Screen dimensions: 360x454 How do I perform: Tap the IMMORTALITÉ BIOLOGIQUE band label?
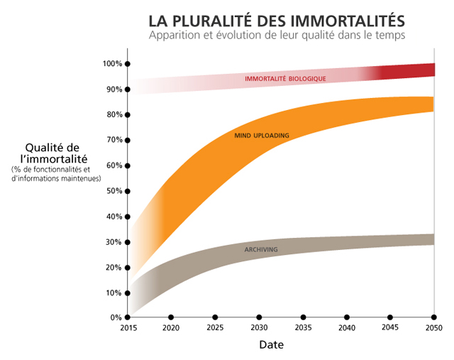285,79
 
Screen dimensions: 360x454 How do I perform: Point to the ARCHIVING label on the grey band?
260,250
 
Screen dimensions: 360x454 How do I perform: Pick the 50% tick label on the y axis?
113,191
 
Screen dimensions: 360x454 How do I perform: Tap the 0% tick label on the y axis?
116,317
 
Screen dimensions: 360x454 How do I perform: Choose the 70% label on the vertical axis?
113,140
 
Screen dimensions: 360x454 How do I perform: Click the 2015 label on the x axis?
128,328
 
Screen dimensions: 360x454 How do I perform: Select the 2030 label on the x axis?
259,328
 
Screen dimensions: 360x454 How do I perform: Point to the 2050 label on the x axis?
434,328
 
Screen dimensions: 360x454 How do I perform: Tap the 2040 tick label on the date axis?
347,328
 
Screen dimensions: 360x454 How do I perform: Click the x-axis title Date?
271,346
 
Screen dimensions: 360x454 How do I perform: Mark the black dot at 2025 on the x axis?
215,317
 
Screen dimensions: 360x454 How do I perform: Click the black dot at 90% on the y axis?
128,89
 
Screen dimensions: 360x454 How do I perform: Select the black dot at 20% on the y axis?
128,267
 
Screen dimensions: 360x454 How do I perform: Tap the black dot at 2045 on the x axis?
390,317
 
